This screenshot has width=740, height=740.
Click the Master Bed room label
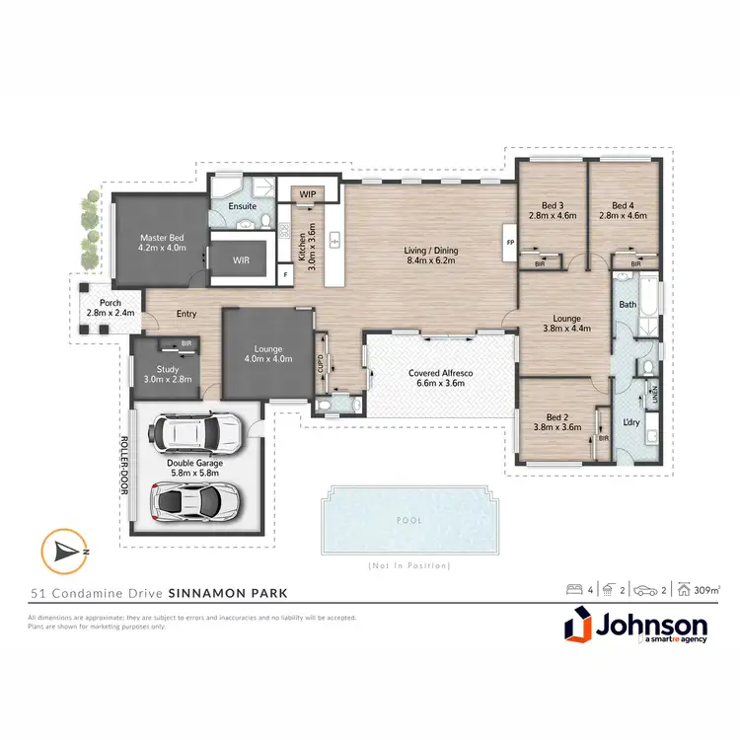[163, 237]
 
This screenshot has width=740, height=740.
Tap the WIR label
[241, 259]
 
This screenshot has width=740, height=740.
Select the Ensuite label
[243, 206]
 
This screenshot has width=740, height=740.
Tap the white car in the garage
[194, 431]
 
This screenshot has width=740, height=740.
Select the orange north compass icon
[61, 550]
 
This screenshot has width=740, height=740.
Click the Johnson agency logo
[636, 629]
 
